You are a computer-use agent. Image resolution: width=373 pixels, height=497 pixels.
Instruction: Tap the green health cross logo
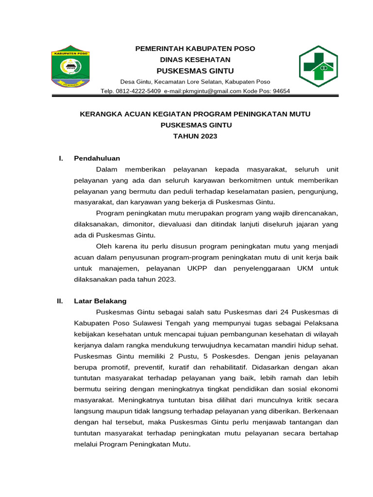(x=318, y=66)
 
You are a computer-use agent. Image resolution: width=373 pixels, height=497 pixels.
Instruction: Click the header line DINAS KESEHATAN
(x=195, y=59)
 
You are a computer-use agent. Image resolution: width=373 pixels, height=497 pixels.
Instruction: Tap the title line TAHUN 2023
(x=195, y=136)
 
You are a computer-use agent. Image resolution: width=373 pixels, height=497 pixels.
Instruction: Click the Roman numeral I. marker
(x=60, y=158)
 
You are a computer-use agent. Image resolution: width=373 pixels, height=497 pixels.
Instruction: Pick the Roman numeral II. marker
(x=60, y=301)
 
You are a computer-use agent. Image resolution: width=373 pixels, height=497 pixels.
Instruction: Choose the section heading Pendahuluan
(x=97, y=158)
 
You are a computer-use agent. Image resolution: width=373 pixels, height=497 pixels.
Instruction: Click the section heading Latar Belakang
(x=100, y=301)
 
